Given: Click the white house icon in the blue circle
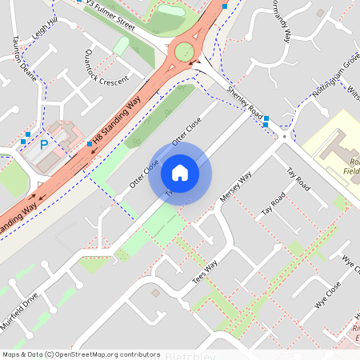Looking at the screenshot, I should pos(180,172).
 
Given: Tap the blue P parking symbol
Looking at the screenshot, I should pos(45,146).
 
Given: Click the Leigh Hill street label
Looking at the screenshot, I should pos(44,32).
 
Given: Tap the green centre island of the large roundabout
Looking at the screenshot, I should pos(186,53).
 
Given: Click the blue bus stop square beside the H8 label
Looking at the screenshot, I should pos(90,144).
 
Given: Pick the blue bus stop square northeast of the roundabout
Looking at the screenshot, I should pos(225,6).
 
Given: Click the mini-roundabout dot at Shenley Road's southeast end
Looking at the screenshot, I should pos(284,137).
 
